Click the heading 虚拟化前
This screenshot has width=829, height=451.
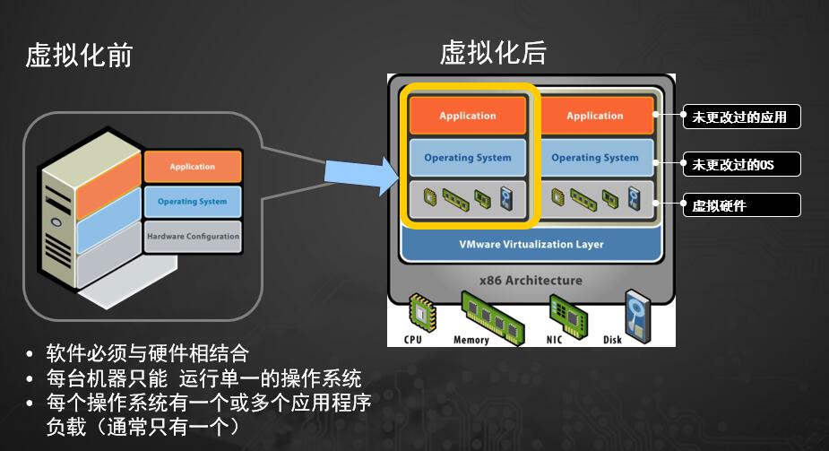[79, 56]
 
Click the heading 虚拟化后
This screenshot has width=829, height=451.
[493, 53]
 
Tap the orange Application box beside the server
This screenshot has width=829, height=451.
[193, 167]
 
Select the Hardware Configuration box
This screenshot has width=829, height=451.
[193, 237]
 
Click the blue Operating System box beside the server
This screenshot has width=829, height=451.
[193, 202]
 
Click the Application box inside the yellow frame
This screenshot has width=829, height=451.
[467, 116]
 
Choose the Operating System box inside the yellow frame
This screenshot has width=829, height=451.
[467, 158]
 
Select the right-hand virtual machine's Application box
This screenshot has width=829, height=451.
[595, 116]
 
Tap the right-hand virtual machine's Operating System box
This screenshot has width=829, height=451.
[595, 158]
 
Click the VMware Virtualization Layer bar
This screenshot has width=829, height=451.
[531, 244]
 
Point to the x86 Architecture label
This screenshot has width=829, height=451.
[531, 281]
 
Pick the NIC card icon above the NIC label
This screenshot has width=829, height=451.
[568, 314]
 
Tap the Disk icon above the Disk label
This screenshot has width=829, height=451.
[636, 313]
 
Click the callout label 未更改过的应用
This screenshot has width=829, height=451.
[740, 117]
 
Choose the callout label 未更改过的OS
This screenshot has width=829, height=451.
[740, 164]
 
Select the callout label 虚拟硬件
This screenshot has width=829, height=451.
[740, 205]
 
